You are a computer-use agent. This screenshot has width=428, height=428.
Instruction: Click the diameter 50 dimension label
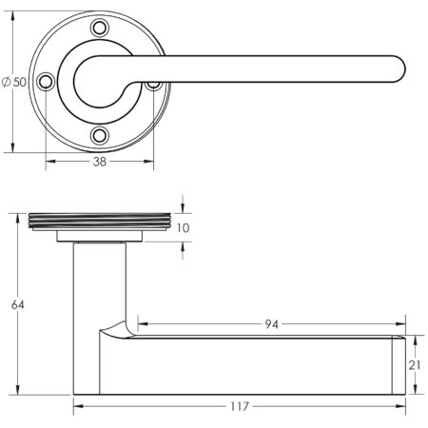[14, 82]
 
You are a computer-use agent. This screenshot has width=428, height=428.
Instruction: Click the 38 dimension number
[99, 163]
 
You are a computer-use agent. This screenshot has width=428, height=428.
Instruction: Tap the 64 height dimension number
[16, 305]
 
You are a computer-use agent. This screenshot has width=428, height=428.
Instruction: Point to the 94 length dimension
[270, 325]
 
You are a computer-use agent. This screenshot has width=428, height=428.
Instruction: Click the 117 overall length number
[239, 407]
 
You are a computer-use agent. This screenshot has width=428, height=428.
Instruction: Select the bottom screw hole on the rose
[99, 136]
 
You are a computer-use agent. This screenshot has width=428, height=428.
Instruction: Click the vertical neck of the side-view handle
[99, 285]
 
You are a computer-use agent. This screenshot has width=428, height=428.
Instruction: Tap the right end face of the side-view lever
[402, 365]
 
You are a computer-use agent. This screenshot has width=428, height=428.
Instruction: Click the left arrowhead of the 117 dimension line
[77, 407]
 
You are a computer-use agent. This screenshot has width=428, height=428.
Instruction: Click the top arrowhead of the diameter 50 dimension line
[14, 16]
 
